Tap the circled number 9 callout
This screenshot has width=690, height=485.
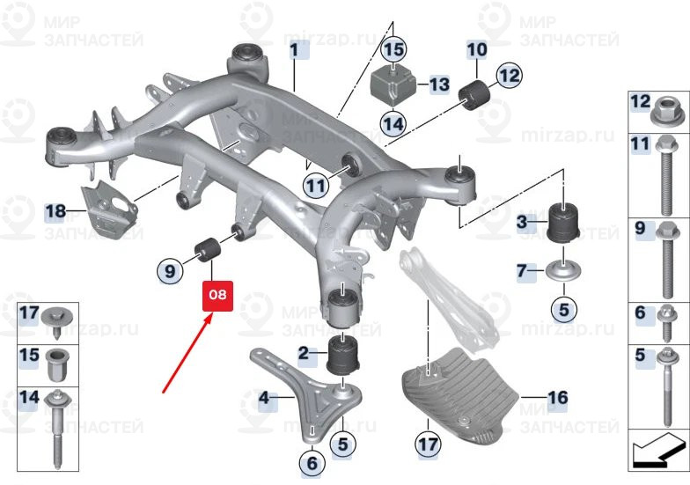pyautogui.click(x=169, y=271)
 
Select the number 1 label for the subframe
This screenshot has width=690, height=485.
pyautogui.click(x=294, y=49)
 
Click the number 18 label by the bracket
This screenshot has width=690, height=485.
pyautogui.click(x=56, y=211)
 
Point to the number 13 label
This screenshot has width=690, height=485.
pyautogui.click(x=438, y=85)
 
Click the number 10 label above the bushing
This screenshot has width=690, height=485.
pyautogui.click(x=477, y=49)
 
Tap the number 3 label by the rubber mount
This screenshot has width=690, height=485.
pyautogui.click(x=522, y=222)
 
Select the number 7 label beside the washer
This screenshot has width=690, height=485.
pyautogui.click(x=522, y=270)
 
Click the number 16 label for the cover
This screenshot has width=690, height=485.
pyautogui.click(x=558, y=398)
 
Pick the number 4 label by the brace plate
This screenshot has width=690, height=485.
pyautogui.click(x=264, y=398)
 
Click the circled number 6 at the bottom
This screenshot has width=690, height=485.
pyautogui.click(x=312, y=463)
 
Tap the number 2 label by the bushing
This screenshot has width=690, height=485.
pyautogui.click(x=304, y=353)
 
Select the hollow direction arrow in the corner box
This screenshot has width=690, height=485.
pyautogui.click(x=657, y=451)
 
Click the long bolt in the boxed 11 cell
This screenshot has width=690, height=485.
pyautogui.click(x=667, y=175)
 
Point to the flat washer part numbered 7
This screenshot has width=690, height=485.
pyautogui.click(x=563, y=271)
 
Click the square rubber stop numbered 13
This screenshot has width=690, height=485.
pyautogui.click(x=394, y=85)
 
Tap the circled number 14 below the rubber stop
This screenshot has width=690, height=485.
pyautogui.click(x=393, y=123)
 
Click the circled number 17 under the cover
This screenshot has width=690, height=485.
pyautogui.click(x=428, y=444)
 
